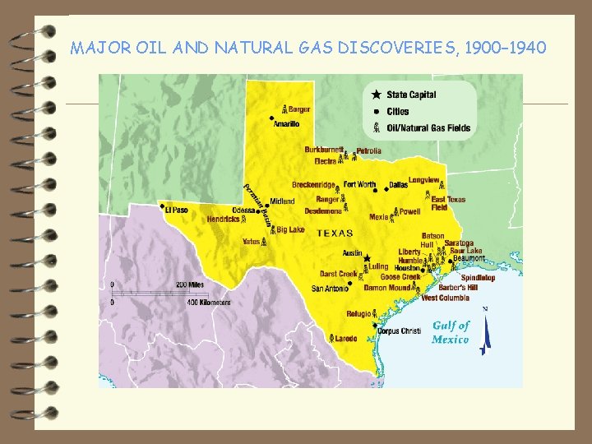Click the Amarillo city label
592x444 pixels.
[287, 123]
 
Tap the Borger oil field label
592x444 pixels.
[299, 109]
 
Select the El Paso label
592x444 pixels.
[176, 210]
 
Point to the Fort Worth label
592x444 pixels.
[359, 185]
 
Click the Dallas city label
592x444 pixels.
[399, 185]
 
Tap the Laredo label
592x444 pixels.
[347, 338]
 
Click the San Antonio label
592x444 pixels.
[330, 289]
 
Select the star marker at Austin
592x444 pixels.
[367, 257]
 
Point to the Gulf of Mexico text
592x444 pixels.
[451, 332]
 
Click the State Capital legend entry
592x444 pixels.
[413, 95]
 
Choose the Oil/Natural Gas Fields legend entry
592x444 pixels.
[429, 127]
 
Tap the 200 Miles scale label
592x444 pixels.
[190, 284]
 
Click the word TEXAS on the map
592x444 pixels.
[335, 233]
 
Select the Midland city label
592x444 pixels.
[282, 201]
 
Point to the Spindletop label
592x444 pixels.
[478, 278]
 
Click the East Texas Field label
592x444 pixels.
[448, 203]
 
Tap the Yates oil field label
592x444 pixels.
[251, 242]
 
